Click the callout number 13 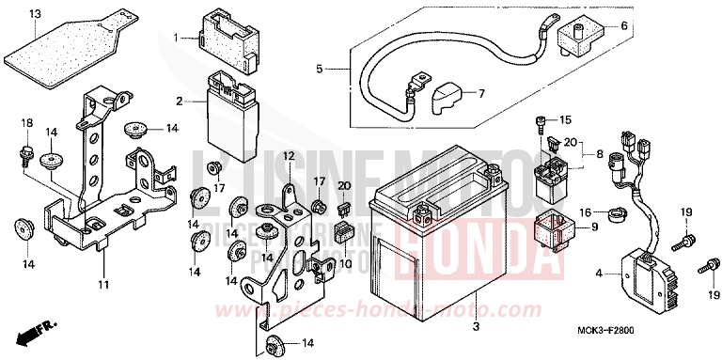[x=35, y=14]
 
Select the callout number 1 [x=176, y=37]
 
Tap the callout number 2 [x=179, y=100]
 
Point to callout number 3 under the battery [x=476, y=327]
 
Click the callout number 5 [x=319, y=69]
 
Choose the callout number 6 [x=622, y=25]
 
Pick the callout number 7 [x=480, y=93]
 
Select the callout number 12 [x=290, y=155]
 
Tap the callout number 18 [x=26, y=124]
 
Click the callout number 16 [x=585, y=213]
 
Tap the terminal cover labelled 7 [x=447, y=96]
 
